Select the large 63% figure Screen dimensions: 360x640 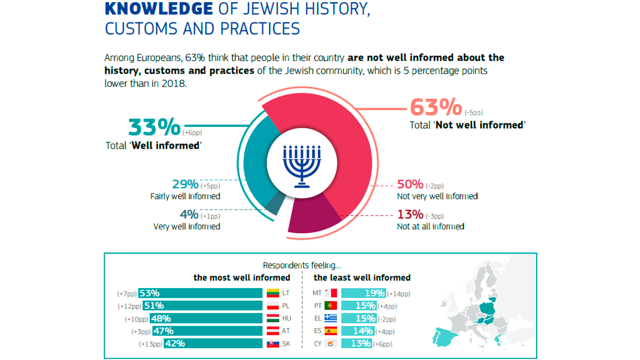tap(435, 107)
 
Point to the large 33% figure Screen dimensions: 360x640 tap(155, 127)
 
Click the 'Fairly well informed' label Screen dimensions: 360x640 tap(185, 196)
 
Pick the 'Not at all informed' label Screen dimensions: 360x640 tap(430, 226)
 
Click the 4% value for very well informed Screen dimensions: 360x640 tap(189, 215)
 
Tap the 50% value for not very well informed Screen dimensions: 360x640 tap(410, 185)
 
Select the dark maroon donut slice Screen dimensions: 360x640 tap(315, 220)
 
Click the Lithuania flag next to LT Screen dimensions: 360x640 tap(273, 293)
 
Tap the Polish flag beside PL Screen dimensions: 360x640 tap(273, 306)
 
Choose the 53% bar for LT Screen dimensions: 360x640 tap(201, 293)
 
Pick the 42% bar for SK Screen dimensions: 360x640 tap(213, 344)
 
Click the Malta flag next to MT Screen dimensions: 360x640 tap(331, 293)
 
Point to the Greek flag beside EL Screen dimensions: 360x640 tap(331, 318)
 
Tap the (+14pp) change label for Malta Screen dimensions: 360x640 tap(399, 294)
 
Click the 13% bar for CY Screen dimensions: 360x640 tap(356, 344)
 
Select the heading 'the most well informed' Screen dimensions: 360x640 tap(242, 277)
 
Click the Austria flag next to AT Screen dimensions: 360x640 tap(273, 331)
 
